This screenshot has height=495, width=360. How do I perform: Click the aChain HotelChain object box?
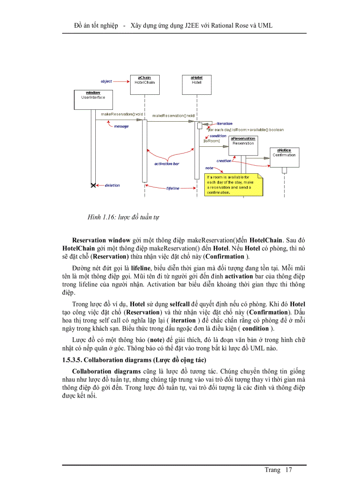(144, 84)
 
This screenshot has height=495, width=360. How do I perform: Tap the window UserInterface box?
(93, 99)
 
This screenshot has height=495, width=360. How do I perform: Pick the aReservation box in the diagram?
(243, 145)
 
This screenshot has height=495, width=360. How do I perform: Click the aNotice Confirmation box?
(284, 157)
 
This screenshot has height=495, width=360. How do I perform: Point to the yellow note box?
(233, 185)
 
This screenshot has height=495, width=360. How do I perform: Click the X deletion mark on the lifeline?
(93, 186)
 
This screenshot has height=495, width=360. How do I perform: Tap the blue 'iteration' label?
(225, 124)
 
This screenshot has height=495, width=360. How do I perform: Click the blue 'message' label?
(121, 127)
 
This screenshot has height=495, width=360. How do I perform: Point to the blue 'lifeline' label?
(173, 188)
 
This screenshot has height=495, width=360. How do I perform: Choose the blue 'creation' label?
(224, 161)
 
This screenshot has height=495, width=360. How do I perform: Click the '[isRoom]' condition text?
(211, 141)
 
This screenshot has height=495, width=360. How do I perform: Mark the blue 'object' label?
(106, 82)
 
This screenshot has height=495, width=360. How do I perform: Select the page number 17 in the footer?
(289, 470)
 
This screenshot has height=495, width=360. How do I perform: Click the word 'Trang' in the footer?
(272, 470)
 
